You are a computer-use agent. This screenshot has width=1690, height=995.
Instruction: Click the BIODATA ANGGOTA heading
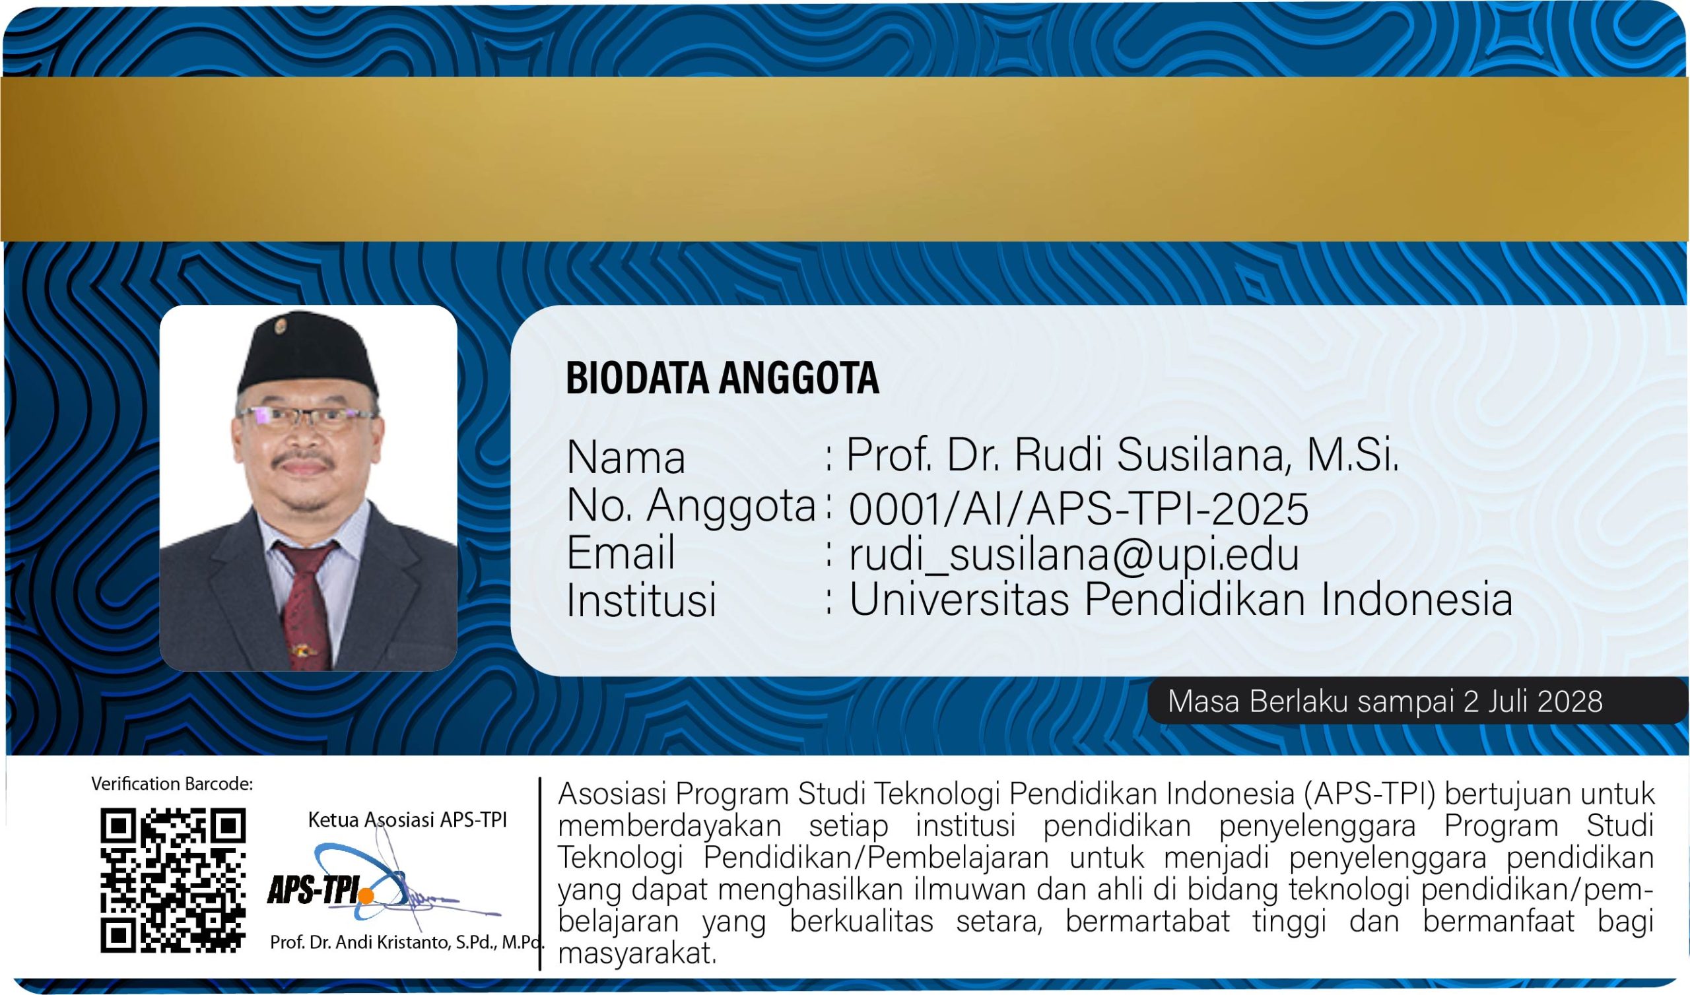point(722,377)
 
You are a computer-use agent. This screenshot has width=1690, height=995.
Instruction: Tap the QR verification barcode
point(173,880)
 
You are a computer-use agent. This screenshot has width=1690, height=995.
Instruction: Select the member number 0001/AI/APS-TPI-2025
point(1079,508)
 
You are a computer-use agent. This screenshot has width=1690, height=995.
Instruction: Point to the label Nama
point(626,458)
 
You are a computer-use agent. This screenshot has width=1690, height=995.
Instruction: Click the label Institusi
point(642,599)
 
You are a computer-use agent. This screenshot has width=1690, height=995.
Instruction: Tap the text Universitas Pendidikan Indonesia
point(1181,598)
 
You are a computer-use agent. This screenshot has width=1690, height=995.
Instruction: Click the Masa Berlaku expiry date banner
point(1417,701)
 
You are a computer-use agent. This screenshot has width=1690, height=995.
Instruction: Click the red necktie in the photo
point(305,604)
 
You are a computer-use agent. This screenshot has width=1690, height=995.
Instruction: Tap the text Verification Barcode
point(172,784)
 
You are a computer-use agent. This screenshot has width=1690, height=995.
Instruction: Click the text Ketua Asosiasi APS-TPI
point(407,819)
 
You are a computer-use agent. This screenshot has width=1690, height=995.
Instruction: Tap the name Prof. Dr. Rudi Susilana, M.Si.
point(1122,455)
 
